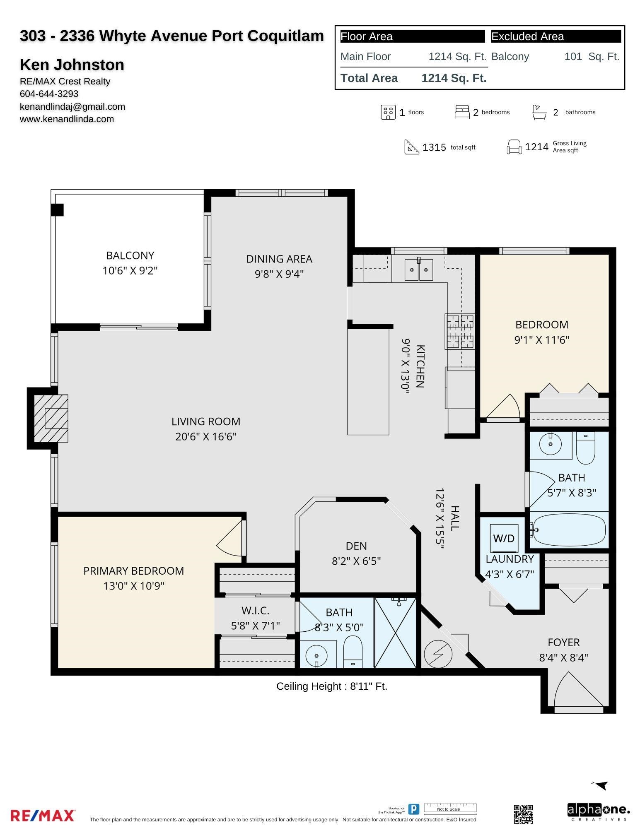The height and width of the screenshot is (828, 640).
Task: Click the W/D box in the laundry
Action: [x=504, y=538]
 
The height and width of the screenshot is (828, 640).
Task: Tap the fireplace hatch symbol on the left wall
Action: [x=51, y=418]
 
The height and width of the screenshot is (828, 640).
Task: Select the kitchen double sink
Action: [x=419, y=270]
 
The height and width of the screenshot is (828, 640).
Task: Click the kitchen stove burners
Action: [x=460, y=331]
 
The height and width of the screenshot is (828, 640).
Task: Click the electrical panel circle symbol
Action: [x=438, y=654]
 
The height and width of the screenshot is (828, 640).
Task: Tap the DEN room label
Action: [x=356, y=546]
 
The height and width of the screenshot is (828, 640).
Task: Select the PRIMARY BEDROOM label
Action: [x=134, y=571]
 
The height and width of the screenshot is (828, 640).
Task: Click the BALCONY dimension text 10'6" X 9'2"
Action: [x=130, y=271]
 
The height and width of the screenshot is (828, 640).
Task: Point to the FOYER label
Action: [x=564, y=643]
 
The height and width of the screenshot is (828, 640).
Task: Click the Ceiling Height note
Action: [x=332, y=686]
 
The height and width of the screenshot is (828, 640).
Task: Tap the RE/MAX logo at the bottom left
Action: [x=43, y=816]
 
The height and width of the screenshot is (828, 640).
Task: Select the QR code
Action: [x=523, y=814]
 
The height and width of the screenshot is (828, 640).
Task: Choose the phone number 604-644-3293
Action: [x=49, y=94]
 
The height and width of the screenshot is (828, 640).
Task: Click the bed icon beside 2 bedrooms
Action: [x=462, y=112]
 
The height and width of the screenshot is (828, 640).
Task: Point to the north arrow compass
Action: [x=601, y=785]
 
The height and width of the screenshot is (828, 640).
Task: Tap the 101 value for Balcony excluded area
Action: [x=573, y=57]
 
